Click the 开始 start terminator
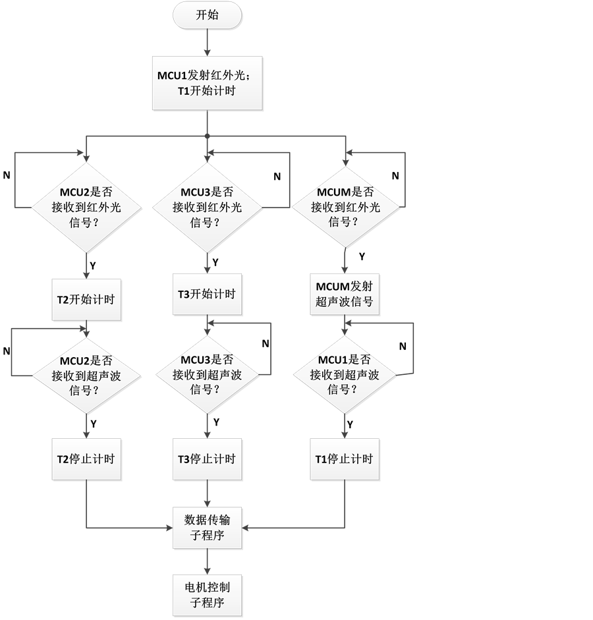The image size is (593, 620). (x=207, y=16)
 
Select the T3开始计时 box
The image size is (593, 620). (x=207, y=294)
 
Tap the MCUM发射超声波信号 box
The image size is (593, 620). (x=345, y=294)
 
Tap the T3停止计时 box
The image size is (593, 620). (x=207, y=459)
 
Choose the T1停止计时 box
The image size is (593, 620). (x=345, y=459)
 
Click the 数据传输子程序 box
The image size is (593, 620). (x=207, y=527)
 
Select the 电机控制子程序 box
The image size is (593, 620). (x=207, y=594)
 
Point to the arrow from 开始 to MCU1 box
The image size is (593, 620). (x=207, y=42)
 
